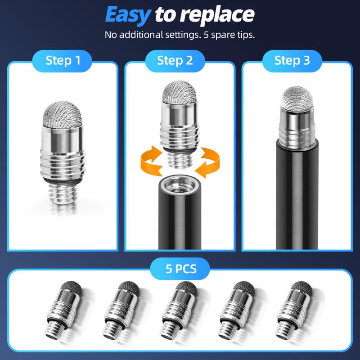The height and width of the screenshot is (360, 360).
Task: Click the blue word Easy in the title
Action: click(128, 15)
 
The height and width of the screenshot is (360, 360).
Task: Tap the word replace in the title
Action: click(217, 15)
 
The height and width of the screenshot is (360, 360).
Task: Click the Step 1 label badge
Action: click(62, 61)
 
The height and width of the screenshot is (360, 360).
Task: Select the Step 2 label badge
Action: click(175, 61)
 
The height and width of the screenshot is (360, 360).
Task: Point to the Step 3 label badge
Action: click(292, 61)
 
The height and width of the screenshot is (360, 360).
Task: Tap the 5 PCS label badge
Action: click(180, 269)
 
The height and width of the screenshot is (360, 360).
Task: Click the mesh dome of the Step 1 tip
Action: click(63, 114)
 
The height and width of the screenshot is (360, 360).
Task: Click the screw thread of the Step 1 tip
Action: click(63, 193)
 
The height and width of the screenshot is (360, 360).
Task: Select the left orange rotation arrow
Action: click(152, 161)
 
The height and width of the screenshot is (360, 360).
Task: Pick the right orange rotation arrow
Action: click(208, 162)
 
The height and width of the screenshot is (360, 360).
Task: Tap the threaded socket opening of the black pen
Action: click(180, 184)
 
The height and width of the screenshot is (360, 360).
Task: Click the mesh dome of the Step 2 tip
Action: click(180, 92)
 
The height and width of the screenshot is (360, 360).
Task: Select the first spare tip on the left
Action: click(64, 310)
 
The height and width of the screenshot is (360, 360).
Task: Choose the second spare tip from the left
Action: click(122, 310)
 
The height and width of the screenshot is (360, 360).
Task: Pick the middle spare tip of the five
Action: click(180, 310)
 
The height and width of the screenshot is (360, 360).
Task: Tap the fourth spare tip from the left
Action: click(237, 310)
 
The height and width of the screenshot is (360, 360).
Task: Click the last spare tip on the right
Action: click(295, 310)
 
